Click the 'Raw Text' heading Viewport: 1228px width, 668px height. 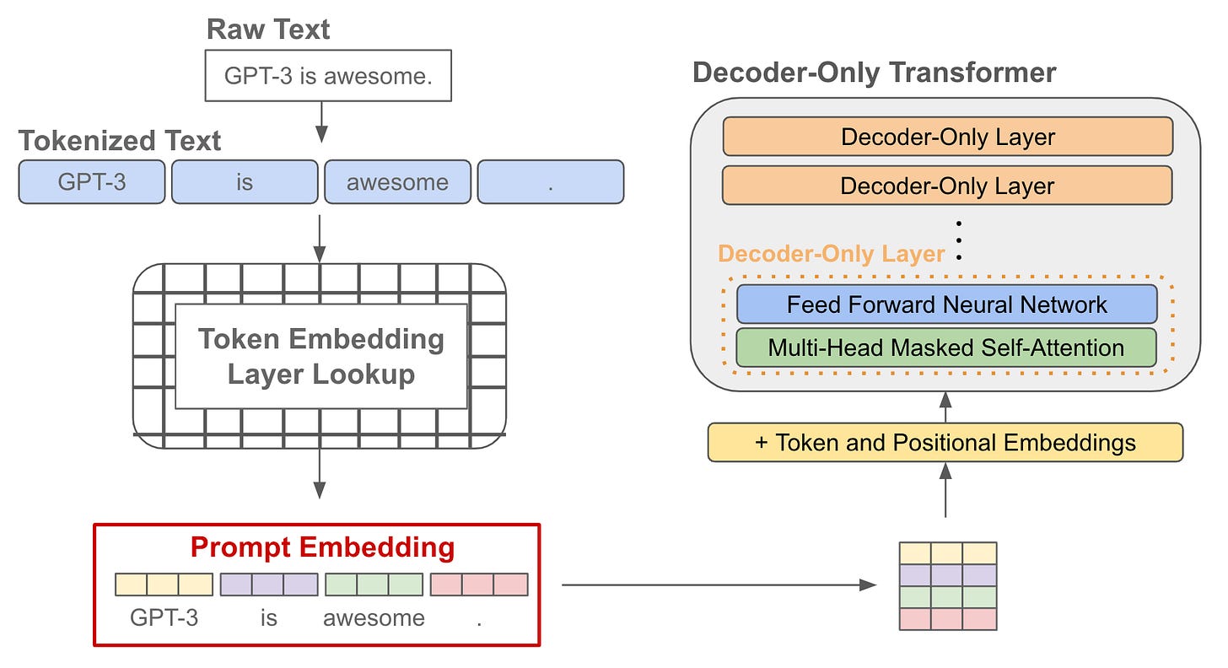pyautogui.click(x=268, y=30)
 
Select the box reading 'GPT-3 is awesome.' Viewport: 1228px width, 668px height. pyautogui.click(x=328, y=76)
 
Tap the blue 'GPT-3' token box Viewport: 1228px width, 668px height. pyautogui.click(x=92, y=182)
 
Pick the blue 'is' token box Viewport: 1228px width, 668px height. pyautogui.click(x=245, y=182)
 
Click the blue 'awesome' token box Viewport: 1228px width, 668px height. pyautogui.click(x=397, y=182)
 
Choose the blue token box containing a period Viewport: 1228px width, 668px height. pyautogui.click(x=551, y=182)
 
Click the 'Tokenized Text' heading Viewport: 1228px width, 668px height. pyautogui.click(x=120, y=140)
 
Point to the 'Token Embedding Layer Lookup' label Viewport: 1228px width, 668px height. pyautogui.click(x=320, y=357)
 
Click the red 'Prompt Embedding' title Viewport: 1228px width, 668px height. pyautogui.click(x=322, y=547)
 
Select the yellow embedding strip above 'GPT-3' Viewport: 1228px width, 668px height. pyautogui.click(x=164, y=584)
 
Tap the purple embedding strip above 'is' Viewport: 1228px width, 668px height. pyautogui.click(x=269, y=584)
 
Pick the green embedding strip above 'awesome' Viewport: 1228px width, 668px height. pyautogui.click(x=374, y=584)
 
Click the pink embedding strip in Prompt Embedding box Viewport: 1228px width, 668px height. pyautogui.click(x=479, y=584)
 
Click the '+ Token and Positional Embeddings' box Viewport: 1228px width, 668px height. pyautogui.click(x=945, y=443)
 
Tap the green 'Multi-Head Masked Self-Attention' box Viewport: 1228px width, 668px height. pyautogui.click(x=945, y=347)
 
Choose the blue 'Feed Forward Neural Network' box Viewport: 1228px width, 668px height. pyautogui.click(x=946, y=304)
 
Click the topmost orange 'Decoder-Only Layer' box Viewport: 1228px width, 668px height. pyautogui.click(x=947, y=137)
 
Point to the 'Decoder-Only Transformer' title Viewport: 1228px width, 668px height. pyautogui.click(x=874, y=73)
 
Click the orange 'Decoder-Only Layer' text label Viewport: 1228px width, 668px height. pyautogui.click(x=831, y=254)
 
